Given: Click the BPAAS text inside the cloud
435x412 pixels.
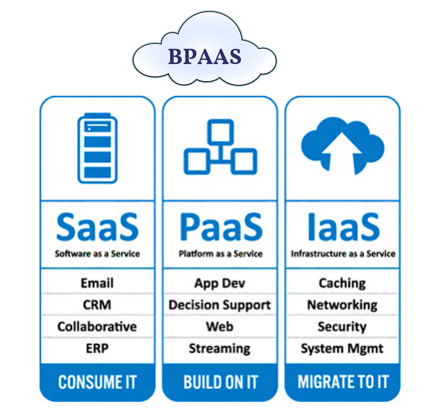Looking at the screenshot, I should click(204, 57).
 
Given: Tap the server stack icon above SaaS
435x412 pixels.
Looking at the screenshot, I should click(97, 148).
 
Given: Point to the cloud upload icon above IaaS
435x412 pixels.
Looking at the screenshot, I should click(342, 145).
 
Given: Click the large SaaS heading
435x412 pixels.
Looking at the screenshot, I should click(97, 226).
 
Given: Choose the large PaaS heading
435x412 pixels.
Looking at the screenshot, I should click(220, 226).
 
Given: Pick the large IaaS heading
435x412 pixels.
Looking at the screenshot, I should click(343, 226).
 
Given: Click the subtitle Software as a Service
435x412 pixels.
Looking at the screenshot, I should click(97, 254).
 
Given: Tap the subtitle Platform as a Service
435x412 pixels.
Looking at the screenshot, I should click(220, 254).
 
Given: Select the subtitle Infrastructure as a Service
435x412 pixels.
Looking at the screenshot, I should click(343, 254).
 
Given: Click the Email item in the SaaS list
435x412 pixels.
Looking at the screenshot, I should click(97, 283).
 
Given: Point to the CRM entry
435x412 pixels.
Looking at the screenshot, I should click(97, 305).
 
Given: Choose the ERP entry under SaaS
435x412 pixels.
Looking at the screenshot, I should click(97, 348).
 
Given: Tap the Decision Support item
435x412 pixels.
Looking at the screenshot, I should click(220, 305).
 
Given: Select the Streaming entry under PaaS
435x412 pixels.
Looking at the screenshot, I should click(220, 348).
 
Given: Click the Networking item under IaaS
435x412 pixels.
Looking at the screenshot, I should click(342, 305).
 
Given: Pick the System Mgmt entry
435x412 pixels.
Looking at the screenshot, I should click(342, 349).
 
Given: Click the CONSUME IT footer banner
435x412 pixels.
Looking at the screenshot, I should click(97, 382).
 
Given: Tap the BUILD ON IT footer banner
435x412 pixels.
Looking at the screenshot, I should click(220, 382).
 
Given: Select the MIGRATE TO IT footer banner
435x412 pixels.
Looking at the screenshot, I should click(343, 382).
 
